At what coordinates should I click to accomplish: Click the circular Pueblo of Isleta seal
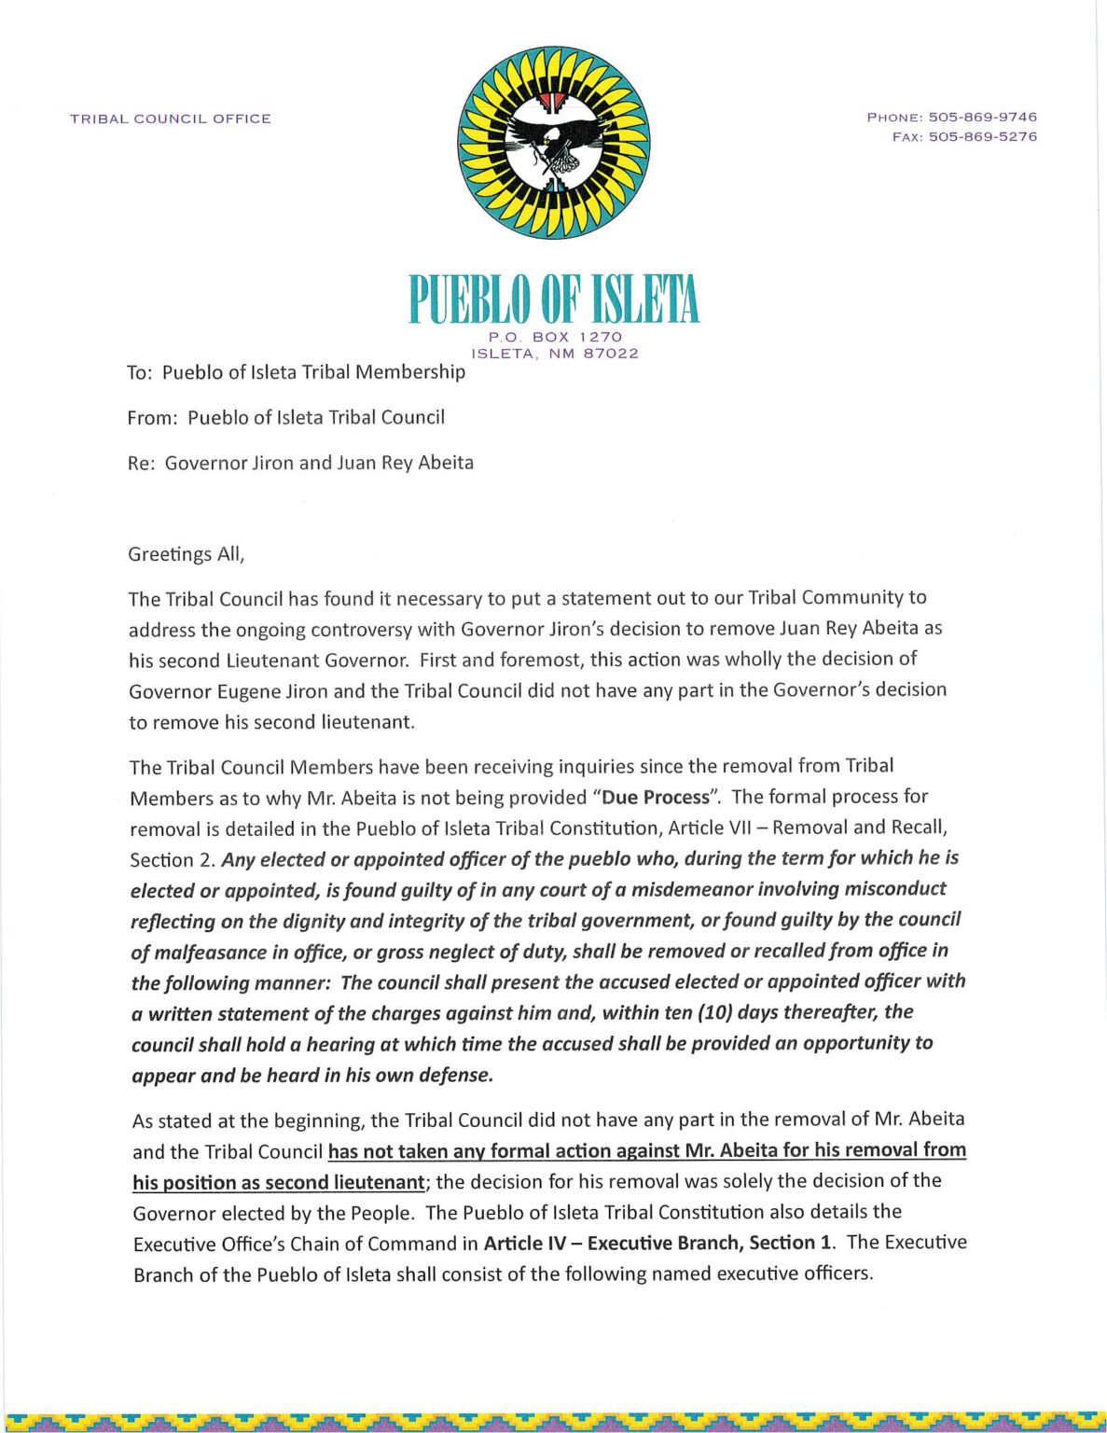553,143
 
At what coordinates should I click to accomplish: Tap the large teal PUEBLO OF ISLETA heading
554,300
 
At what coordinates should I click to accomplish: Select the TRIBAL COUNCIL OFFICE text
171,118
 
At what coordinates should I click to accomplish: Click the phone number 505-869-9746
982,117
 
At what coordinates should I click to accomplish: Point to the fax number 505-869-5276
982,136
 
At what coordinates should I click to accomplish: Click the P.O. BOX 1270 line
555,336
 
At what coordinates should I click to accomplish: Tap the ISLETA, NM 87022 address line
555,354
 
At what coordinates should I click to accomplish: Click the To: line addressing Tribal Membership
296,372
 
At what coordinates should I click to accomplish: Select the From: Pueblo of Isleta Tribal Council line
285,417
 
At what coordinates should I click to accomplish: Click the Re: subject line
300,463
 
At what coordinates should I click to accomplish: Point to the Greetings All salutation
187,554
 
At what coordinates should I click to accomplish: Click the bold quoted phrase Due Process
656,798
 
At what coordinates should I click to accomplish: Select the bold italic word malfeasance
201,953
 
